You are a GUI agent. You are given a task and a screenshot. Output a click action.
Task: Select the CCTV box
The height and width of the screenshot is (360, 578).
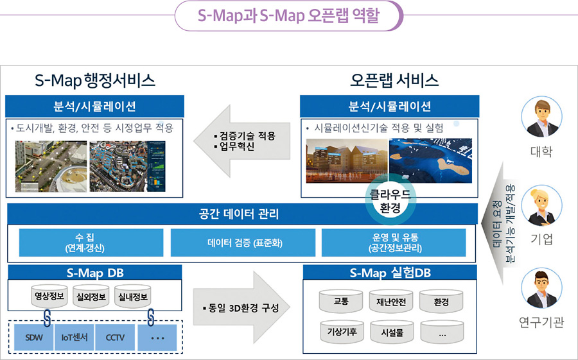coord(115,337)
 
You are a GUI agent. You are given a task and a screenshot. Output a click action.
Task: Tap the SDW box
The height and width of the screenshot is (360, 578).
coord(33,337)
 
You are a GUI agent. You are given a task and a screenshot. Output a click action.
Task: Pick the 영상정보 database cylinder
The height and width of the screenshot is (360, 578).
coord(49,296)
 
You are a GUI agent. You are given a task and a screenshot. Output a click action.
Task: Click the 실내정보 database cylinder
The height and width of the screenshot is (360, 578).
coord(133,296)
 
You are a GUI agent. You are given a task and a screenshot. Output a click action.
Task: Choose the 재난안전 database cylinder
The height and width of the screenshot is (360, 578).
coord(391,302)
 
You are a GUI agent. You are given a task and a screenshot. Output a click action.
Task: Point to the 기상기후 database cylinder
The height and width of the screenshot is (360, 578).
coord(342,332)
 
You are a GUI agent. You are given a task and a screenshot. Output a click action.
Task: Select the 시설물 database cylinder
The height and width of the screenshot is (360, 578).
coord(392,332)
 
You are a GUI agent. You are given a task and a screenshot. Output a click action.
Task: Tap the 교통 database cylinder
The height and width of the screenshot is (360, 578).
coord(340,301)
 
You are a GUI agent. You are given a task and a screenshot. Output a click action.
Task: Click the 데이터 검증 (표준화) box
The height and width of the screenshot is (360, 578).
coord(243,243)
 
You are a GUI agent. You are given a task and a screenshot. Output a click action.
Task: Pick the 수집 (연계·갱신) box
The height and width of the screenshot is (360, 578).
coord(91,243)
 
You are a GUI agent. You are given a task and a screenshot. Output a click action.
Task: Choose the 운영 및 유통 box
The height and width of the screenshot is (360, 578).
coord(394,243)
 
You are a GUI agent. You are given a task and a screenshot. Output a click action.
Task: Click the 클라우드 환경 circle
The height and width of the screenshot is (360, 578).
coord(390,200)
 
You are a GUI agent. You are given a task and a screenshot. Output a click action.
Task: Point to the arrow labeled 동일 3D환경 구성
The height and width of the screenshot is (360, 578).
coord(241,307)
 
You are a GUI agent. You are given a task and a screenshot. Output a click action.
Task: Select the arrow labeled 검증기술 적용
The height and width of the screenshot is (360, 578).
coord(242,141)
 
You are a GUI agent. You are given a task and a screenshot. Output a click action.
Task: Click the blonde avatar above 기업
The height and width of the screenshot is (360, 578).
coord(541,205)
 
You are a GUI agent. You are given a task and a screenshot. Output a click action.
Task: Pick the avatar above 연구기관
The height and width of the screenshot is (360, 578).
coord(541,289)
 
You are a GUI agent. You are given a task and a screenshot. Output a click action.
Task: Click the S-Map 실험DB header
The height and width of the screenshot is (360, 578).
coord(390,273)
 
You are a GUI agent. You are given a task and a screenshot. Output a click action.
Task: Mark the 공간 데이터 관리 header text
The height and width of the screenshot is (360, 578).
coord(239,214)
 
